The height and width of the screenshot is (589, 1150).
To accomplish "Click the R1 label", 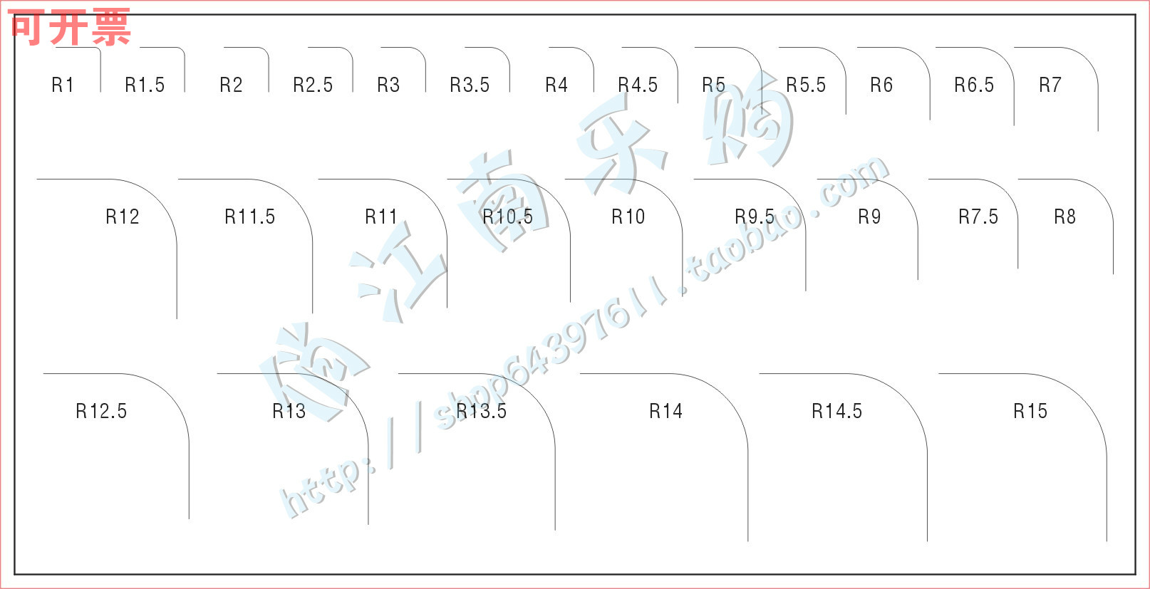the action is tap(63, 85).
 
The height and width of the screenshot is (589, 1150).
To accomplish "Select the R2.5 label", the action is tap(313, 85).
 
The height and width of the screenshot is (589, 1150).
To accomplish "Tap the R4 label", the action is tap(556, 85).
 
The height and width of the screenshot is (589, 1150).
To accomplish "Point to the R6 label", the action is tap(881, 85).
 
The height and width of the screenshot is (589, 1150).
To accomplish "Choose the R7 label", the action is tap(1050, 85).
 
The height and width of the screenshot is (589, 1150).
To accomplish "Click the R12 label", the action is tap(123, 217).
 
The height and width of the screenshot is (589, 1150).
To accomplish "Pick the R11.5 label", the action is tap(249, 217).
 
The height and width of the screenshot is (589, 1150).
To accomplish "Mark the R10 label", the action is tap(628, 217).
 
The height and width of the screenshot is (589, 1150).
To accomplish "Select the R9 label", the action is tap(869, 217).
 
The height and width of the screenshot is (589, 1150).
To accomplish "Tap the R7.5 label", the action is tap(978, 217).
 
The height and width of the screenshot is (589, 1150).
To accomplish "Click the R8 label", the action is tap(1064, 217).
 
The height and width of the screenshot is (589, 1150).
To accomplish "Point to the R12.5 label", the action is tap(101, 411).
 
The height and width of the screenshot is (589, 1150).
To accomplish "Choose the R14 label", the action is tap(665, 411).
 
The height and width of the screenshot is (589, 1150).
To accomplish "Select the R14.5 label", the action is tap(836, 411).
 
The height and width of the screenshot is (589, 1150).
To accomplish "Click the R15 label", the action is tap(1030, 411).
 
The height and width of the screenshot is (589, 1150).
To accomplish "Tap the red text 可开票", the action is tap(70, 28).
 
